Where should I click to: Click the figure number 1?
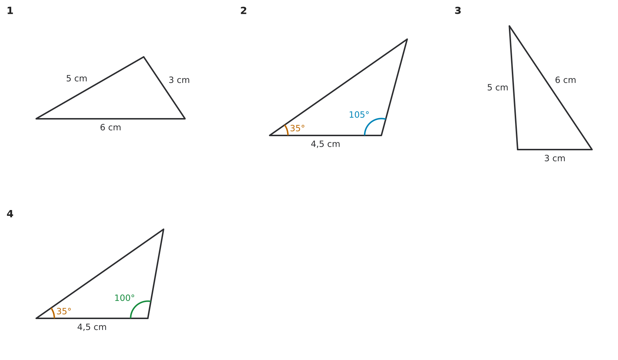coord(10,11)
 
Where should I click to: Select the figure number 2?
coord(243,11)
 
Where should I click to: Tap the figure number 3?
coord(458,11)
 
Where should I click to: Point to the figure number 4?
coord(10,214)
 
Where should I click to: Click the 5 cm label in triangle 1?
coord(77,79)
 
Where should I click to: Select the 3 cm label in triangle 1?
coord(179,80)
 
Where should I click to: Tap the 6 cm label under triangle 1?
coord(110,127)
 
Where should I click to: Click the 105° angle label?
coord(359,115)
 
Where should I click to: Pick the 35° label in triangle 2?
coord(298,129)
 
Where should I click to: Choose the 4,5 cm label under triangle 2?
coord(325,144)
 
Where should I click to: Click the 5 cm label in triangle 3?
coord(497,88)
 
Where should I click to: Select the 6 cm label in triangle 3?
coord(565,80)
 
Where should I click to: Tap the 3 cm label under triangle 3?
coord(555,159)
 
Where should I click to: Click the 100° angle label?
coord(124,298)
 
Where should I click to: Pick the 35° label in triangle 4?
coord(64,311)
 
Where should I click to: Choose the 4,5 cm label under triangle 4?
coord(92,327)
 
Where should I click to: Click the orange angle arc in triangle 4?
coord(54,313)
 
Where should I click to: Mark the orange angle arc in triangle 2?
coord(287,130)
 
